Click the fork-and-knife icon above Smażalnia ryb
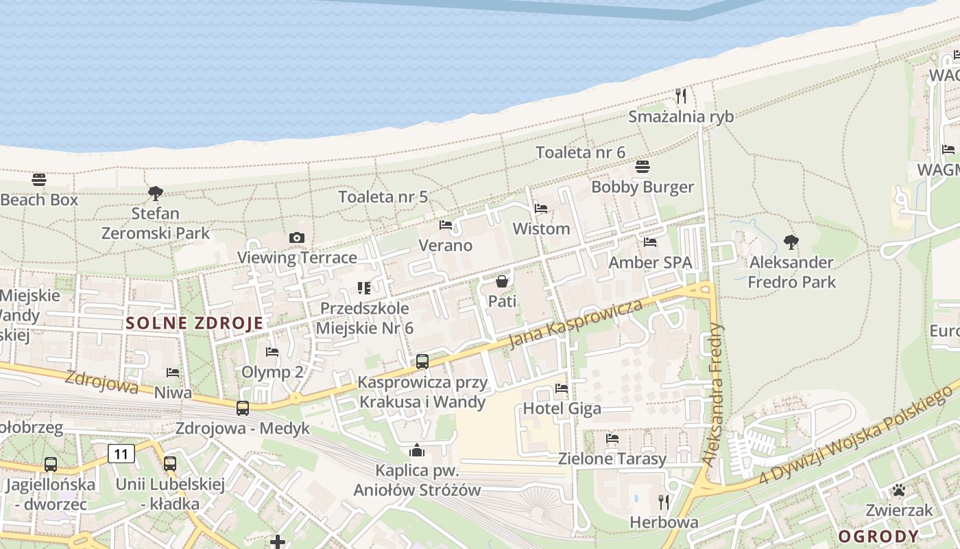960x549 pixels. point(680,95)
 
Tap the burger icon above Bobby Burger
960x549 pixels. point(643,167)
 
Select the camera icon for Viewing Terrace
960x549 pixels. point(296,237)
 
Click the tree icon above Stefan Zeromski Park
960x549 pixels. point(156,193)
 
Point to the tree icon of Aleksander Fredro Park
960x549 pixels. point(791,242)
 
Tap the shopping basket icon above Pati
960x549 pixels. point(502,281)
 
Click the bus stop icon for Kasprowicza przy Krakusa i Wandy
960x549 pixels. point(422,361)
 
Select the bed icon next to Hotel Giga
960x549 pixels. point(562,388)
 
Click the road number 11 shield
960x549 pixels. point(121,453)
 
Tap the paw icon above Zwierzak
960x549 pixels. point(898,490)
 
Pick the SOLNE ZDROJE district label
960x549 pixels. point(195,323)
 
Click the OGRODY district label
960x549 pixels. point(878,536)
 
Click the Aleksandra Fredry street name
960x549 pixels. point(714,395)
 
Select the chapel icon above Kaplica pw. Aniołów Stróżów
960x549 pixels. point(416,450)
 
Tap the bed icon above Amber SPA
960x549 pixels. point(650,242)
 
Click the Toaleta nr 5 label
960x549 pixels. point(383,197)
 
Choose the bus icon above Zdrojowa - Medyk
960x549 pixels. point(243,408)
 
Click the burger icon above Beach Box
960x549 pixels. point(39,180)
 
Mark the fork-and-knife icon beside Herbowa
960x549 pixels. point(663,502)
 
